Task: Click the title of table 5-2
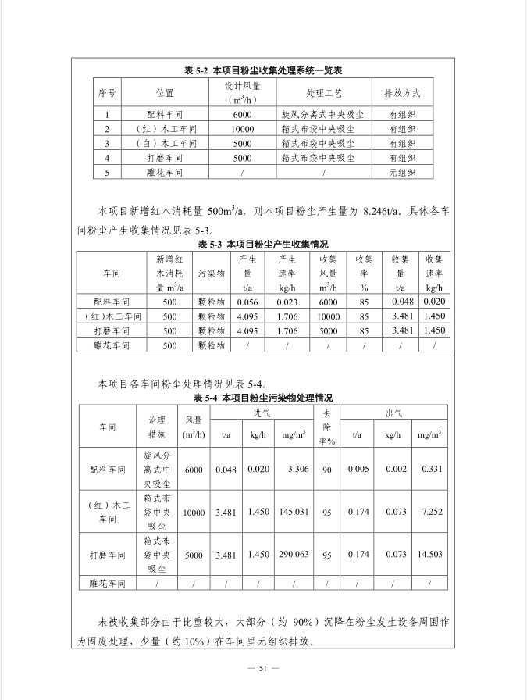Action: click(x=264, y=70)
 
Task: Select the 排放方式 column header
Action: click(x=402, y=93)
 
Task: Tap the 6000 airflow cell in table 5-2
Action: click(x=242, y=114)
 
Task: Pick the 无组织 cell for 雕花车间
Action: click(x=402, y=173)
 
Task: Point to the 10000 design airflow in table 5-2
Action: click(x=242, y=129)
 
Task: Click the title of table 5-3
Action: click(x=263, y=245)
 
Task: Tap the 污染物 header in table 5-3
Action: click(x=211, y=273)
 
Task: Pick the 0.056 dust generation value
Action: click(x=247, y=302)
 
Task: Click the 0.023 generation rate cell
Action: click(x=287, y=302)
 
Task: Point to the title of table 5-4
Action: click(x=263, y=398)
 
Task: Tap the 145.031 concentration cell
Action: click(x=294, y=512)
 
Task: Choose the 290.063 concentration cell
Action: click(x=294, y=555)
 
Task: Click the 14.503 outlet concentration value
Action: click(x=431, y=555)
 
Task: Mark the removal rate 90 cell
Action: click(x=327, y=470)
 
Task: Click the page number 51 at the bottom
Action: click(x=263, y=668)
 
